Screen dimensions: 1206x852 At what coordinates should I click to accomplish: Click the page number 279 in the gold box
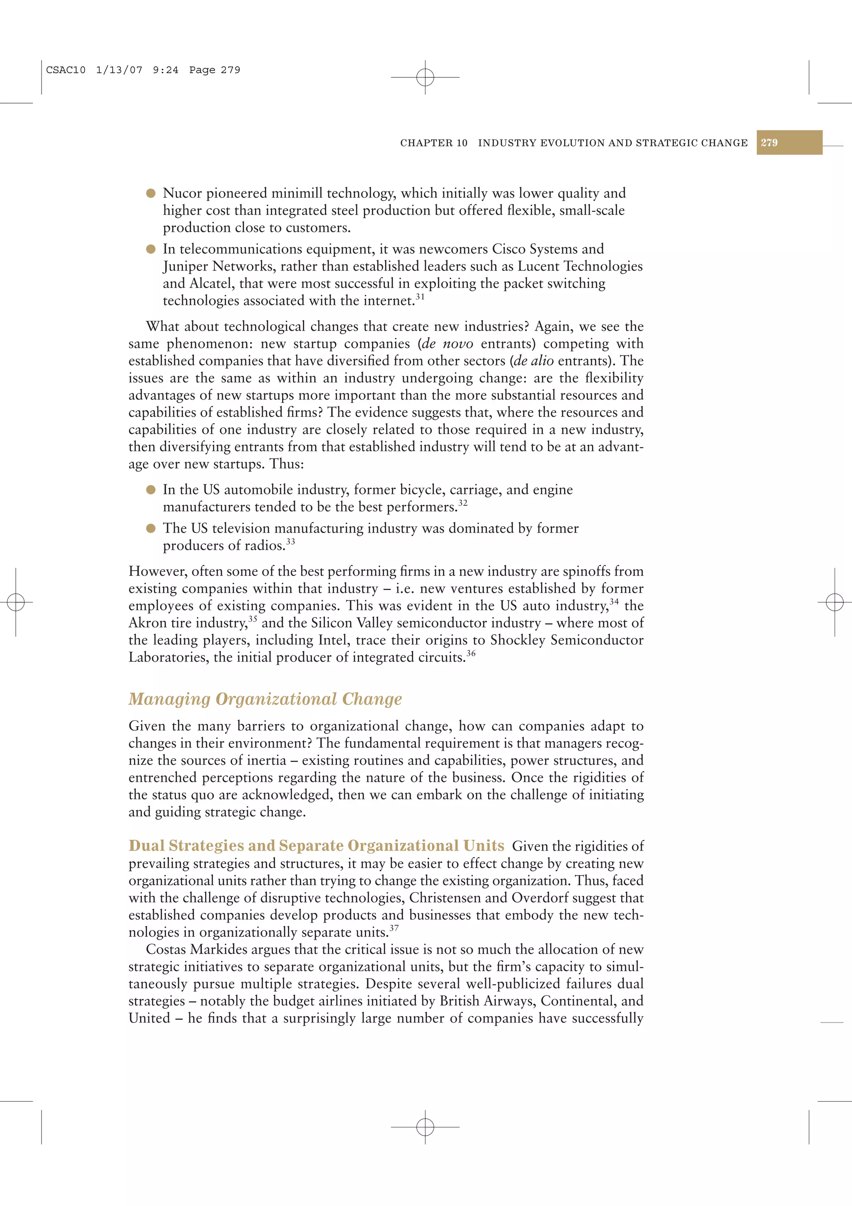(x=769, y=142)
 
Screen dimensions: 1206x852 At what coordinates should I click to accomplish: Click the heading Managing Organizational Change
(x=265, y=699)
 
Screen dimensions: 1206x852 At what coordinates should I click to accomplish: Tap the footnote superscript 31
(x=420, y=296)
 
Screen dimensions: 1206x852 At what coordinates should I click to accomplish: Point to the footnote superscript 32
(x=463, y=503)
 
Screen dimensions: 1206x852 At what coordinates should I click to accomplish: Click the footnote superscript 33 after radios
(x=290, y=541)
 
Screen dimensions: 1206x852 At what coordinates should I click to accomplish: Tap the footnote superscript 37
(x=394, y=928)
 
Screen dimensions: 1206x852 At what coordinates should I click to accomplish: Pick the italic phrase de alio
(x=533, y=361)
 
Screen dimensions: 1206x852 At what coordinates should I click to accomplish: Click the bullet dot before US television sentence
(x=151, y=529)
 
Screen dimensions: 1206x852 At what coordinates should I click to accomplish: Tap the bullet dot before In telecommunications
(x=151, y=249)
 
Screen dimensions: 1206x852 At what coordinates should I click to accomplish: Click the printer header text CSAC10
(x=66, y=70)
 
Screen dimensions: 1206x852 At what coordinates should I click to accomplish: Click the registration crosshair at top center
(x=425, y=77)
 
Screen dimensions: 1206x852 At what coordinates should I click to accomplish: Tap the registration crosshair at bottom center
(x=425, y=1127)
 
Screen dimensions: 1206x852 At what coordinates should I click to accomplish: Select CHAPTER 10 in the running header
(x=433, y=143)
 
